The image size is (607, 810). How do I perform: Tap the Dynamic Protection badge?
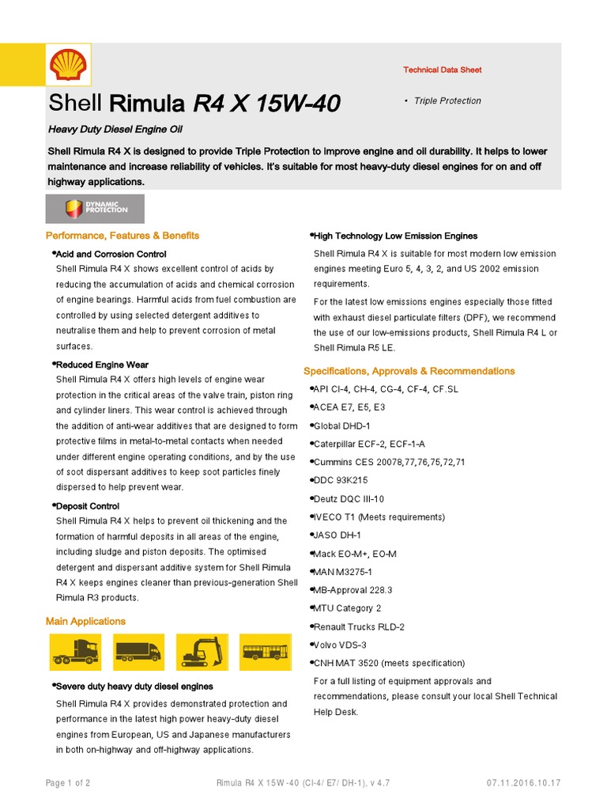(95, 209)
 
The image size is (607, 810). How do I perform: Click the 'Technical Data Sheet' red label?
(442, 70)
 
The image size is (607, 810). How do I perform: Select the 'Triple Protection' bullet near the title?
(447, 101)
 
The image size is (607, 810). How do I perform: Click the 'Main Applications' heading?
(85, 622)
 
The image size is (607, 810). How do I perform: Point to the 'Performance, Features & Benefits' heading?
(123, 236)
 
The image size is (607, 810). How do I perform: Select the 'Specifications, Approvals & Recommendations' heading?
(409, 371)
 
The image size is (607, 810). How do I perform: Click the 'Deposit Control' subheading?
(88, 506)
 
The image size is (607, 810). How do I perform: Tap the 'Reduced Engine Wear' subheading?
(102, 365)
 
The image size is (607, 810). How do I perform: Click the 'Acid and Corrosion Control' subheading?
(111, 255)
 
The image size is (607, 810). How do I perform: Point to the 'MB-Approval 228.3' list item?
(353, 590)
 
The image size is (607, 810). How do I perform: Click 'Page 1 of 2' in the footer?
(68, 783)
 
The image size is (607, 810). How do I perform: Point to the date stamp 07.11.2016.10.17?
(523, 783)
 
